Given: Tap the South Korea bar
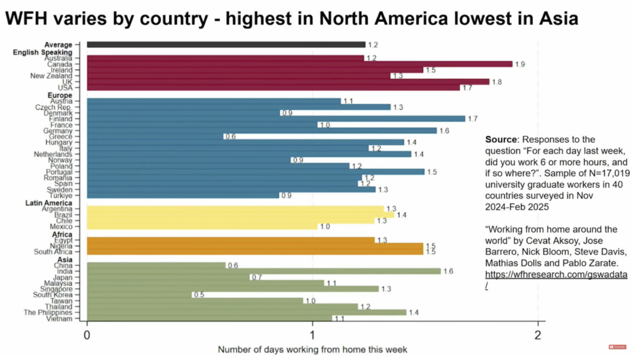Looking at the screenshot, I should pyautogui.click(x=139, y=295).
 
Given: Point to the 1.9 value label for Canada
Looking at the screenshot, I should pyautogui.click(x=519, y=64).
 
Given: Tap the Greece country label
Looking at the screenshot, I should pyautogui.click(x=63, y=137).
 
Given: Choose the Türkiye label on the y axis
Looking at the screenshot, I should pyautogui.click(x=62, y=195).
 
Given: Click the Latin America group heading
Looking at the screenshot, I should pyautogui.click(x=49, y=203).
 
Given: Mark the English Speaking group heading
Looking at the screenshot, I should pyautogui.click(x=43, y=52).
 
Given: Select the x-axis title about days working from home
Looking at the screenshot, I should pyautogui.click(x=312, y=349).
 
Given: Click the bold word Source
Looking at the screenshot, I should pyautogui.click(x=501, y=139).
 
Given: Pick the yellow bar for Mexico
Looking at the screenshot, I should pyautogui.click(x=202, y=227).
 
